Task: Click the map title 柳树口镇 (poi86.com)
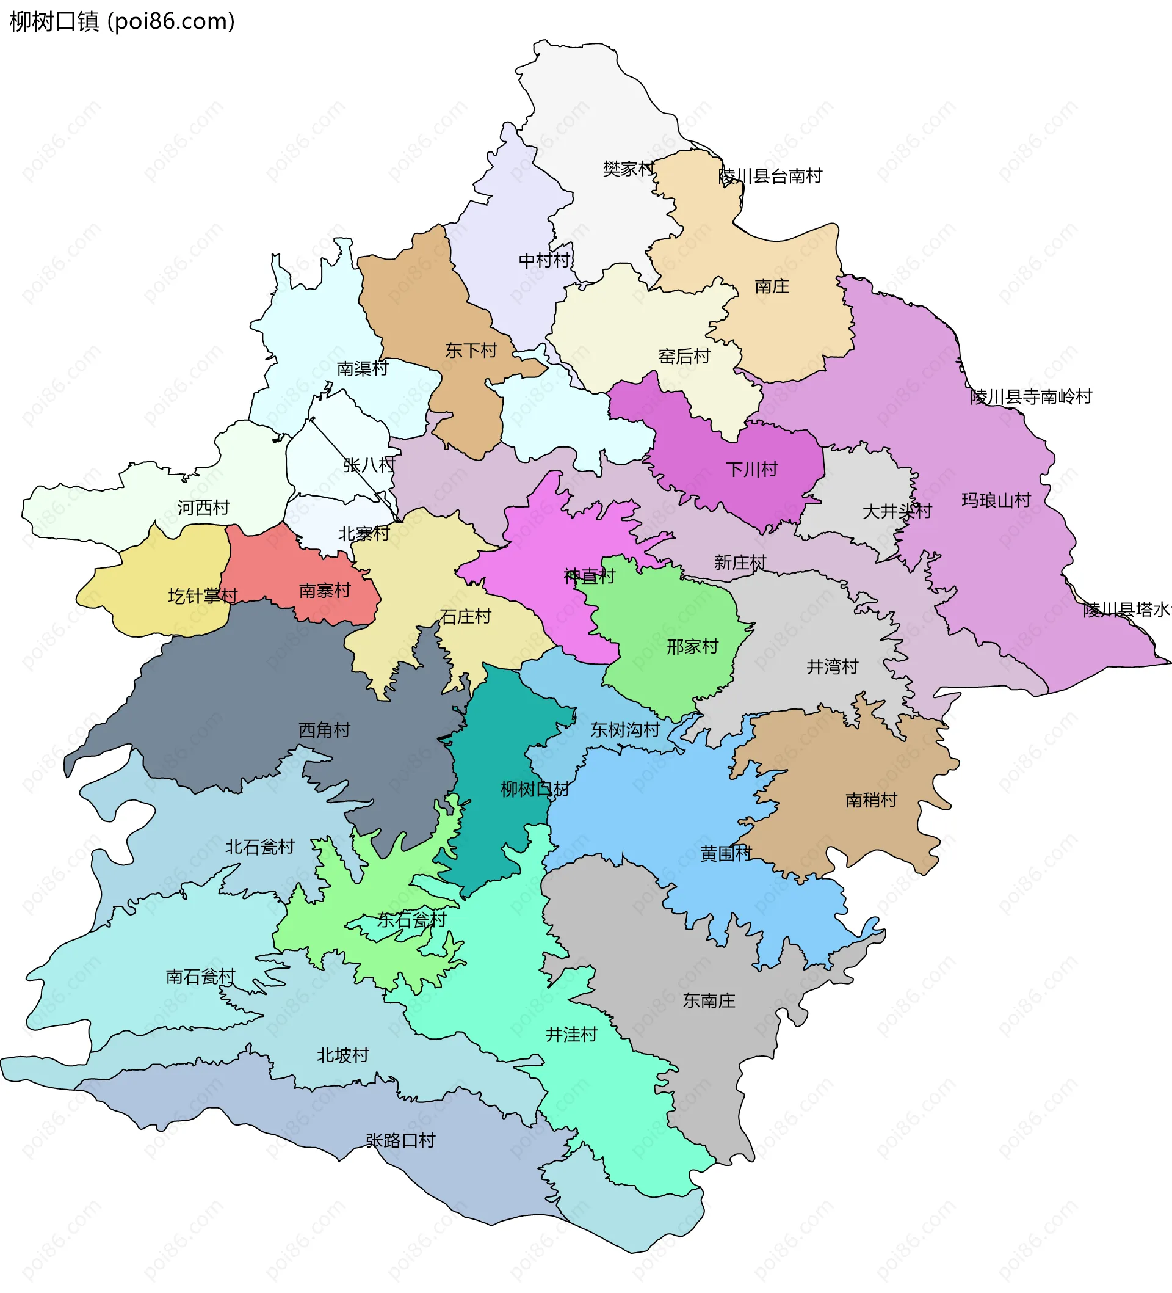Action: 122,22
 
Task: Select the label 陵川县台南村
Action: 770,176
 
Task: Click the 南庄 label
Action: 772,286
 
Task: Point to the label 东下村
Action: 471,350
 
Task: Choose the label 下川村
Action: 751,470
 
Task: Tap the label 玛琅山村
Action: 996,500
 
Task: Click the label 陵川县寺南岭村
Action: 1031,397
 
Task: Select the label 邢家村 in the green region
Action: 692,646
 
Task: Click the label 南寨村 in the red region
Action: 325,590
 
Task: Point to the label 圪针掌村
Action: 203,596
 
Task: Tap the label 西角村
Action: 324,730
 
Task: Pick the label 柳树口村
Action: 535,789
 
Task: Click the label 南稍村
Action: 871,799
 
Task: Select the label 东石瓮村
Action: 411,920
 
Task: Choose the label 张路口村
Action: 400,1140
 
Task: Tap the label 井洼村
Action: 571,1035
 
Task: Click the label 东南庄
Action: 709,1000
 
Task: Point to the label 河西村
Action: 203,508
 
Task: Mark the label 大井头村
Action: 897,511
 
